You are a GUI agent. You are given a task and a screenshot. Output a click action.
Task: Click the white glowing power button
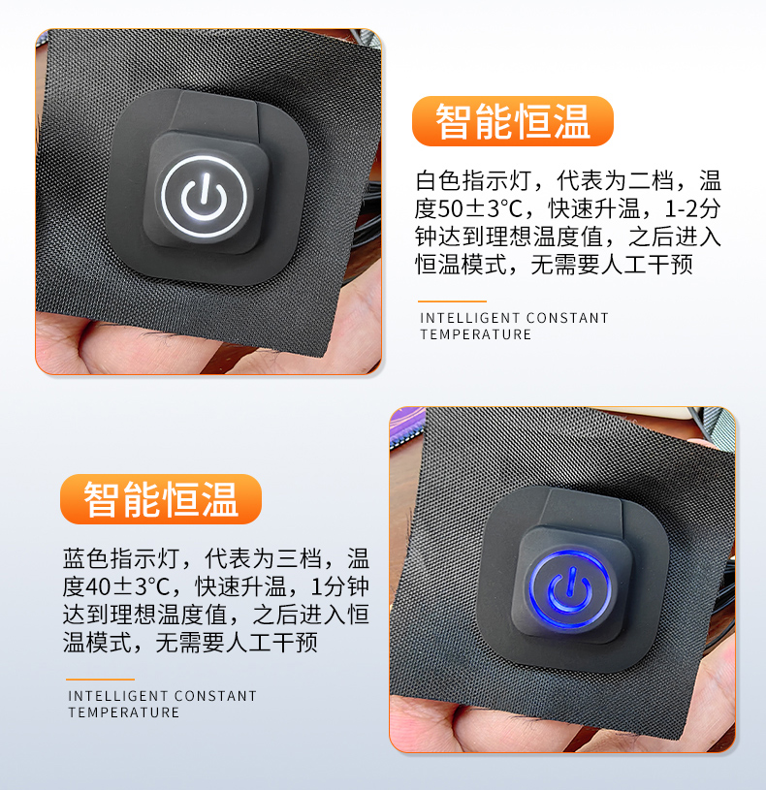[204, 196]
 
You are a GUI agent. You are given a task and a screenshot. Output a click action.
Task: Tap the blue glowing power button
[569, 588]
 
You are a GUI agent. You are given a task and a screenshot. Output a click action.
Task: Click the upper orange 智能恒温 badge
[513, 121]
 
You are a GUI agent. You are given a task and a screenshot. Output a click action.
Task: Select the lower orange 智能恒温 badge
[161, 499]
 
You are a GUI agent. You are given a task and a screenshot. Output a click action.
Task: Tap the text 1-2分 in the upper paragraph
[692, 208]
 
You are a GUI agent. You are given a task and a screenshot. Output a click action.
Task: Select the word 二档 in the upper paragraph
[652, 180]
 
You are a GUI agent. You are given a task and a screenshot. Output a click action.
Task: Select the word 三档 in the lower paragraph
[299, 558]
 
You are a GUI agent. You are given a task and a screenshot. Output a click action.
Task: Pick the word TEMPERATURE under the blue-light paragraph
[124, 712]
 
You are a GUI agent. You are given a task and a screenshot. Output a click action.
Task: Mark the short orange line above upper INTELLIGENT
[452, 301]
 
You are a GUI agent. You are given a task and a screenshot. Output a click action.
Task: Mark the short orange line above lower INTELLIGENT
[100, 679]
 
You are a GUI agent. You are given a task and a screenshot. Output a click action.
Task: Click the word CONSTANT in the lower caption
[215, 696]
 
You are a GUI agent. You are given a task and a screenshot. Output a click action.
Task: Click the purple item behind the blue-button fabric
[406, 427]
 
